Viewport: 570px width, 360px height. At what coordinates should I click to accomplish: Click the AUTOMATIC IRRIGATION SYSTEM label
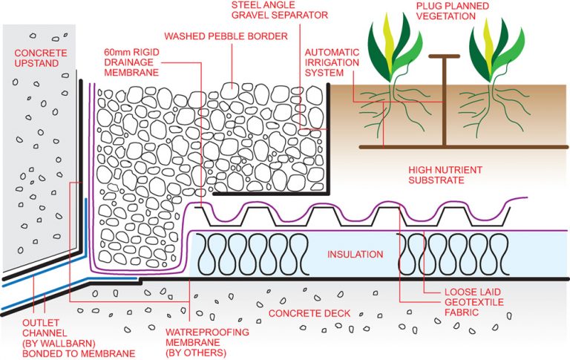pyautogui.click(x=332, y=63)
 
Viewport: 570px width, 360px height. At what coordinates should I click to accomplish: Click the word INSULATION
pyautogui.click(x=356, y=255)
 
